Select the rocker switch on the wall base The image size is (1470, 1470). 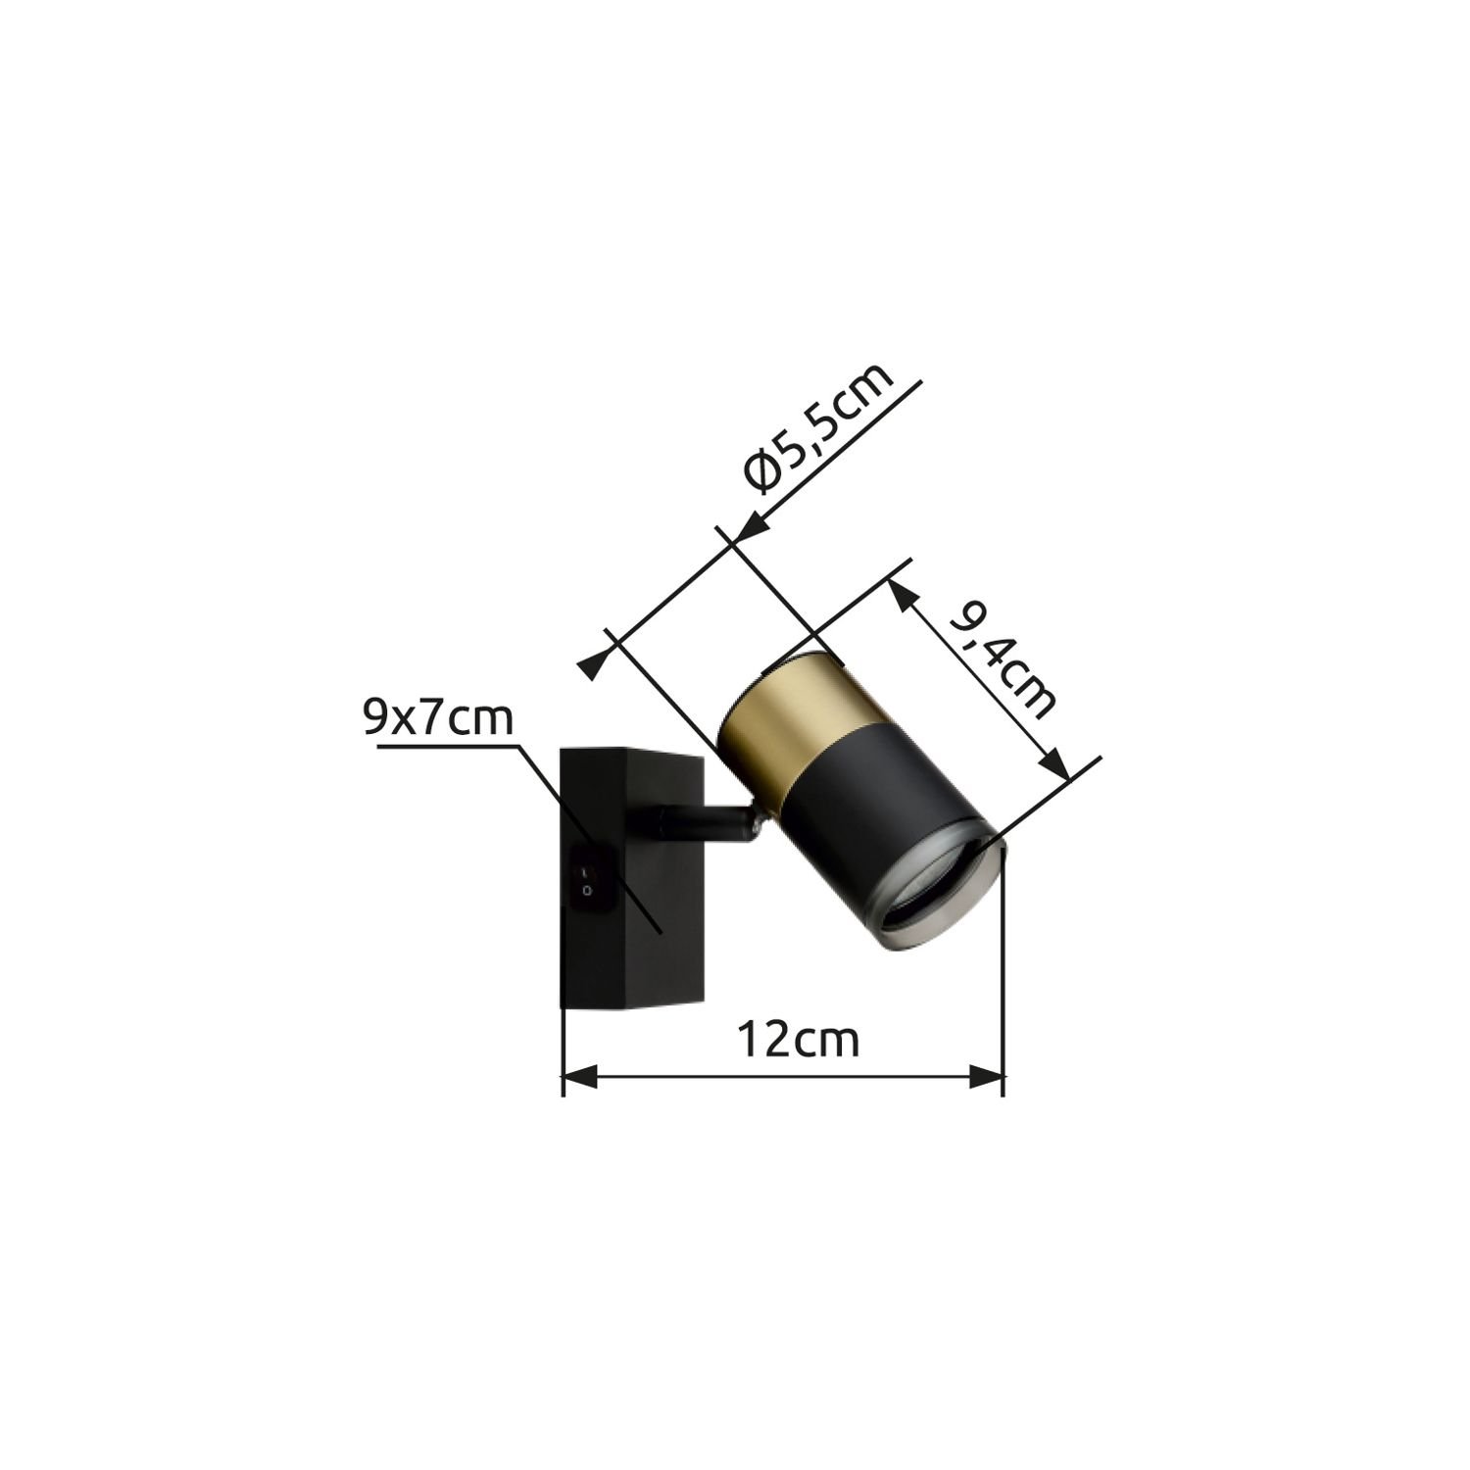[x=585, y=879]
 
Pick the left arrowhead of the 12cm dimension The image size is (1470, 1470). [x=578, y=1079]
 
